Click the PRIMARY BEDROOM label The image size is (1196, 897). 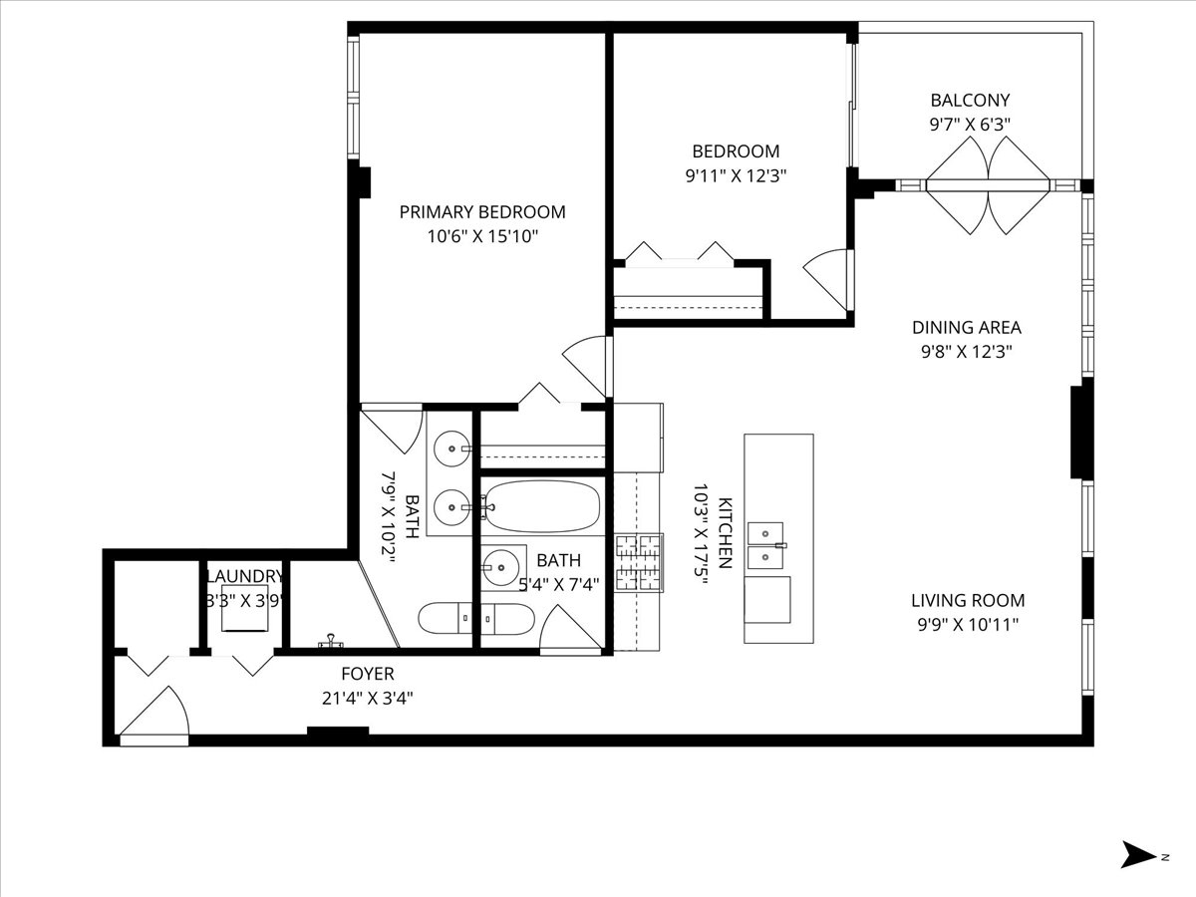point(482,212)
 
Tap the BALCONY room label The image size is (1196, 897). point(970,101)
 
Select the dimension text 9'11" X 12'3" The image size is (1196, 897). point(736,176)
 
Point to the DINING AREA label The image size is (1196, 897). point(967,327)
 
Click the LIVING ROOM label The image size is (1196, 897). point(968,601)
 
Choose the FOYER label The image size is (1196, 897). point(367,674)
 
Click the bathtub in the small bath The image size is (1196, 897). point(542,506)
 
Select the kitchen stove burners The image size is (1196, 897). point(639,563)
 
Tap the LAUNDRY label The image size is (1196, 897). point(244,576)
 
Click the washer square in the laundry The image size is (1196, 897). point(244,608)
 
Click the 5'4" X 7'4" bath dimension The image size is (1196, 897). point(558,585)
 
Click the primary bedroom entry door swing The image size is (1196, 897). point(585,367)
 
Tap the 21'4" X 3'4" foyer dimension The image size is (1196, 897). point(367,699)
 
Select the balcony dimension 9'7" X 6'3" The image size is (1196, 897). point(970,125)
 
